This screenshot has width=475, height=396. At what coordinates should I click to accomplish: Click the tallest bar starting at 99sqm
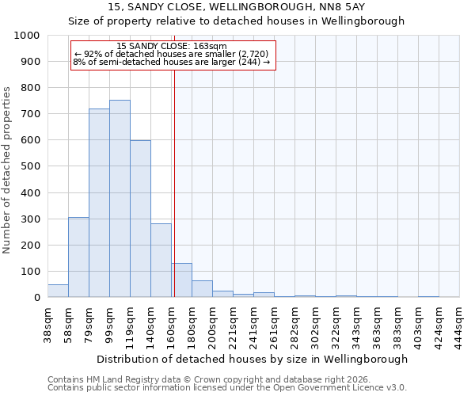coord(120,199)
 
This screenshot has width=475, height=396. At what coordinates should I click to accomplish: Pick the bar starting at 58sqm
coord(78,257)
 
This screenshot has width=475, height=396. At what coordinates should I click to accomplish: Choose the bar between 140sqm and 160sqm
coord(161,261)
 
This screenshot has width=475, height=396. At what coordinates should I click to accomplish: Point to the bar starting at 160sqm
coord(181,280)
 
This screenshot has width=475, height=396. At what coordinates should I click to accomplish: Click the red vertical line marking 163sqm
coord(174,182)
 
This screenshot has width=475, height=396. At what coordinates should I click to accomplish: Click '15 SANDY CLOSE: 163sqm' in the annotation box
coord(172,46)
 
